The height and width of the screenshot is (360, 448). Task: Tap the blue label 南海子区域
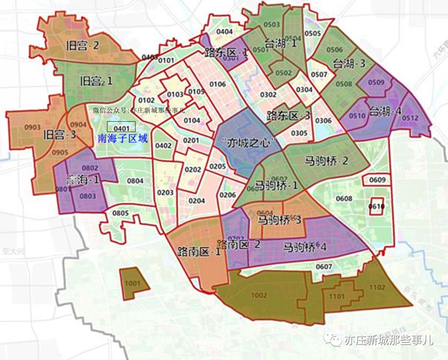(123, 139)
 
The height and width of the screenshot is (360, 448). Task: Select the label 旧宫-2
(83, 45)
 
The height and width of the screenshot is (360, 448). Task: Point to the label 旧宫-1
(96, 81)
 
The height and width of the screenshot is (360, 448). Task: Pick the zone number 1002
(259, 295)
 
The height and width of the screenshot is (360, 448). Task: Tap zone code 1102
(377, 287)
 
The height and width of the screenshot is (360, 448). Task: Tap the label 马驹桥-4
(305, 247)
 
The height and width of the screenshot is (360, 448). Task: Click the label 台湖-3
(349, 64)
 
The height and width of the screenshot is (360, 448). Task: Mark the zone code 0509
(376, 82)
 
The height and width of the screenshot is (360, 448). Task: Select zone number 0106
(218, 85)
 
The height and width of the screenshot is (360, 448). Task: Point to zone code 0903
(33, 127)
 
